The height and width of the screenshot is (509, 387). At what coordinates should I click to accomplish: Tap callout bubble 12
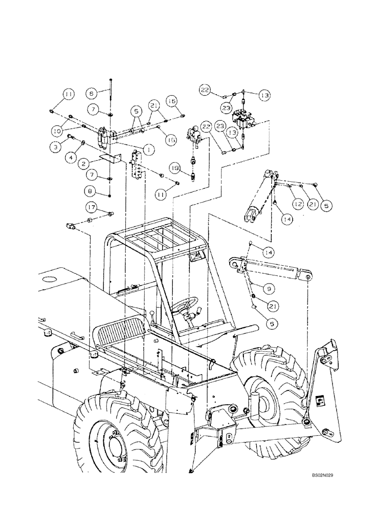[x=298, y=203]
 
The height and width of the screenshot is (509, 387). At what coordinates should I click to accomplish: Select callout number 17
[x=92, y=207]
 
